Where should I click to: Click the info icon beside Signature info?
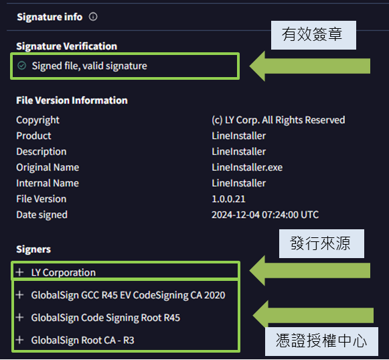pyautogui.click(x=93, y=17)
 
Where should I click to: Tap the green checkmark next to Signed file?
pyautogui.click(x=22, y=66)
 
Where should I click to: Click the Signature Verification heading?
pyautogui.click(x=66, y=46)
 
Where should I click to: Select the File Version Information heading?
pyautogui.click(x=72, y=101)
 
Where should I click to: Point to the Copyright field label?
pyautogui.click(x=37, y=120)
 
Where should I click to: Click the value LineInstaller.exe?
pyautogui.click(x=247, y=168)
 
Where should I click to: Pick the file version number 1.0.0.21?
pyautogui.click(x=228, y=199)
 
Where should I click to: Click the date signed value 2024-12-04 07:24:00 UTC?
pyautogui.click(x=265, y=215)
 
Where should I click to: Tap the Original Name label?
pyautogui.click(x=48, y=168)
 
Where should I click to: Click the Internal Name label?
pyautogui.click(x=48, y=183)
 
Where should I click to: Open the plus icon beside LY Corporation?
pyautogui.click(x=19, y=272)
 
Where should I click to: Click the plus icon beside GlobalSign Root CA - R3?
pyautogui.click(x=19, y=340)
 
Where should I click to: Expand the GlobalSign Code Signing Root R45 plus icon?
pyautogui.click(x=19, y=317)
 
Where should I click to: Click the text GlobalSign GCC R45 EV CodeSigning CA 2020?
pyautogui.click(x=129, y=295)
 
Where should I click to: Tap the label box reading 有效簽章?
pyautogui.click(x=313, y=35)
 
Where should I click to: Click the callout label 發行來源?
pyautogui.click(x=321, y=243)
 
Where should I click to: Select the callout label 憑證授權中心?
pyautogui.click(x=321, y=341)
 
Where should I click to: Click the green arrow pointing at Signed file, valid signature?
pyautogui.click(x=309, y=66)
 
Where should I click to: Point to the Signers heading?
pyautogui.click(x=33, y=249)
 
